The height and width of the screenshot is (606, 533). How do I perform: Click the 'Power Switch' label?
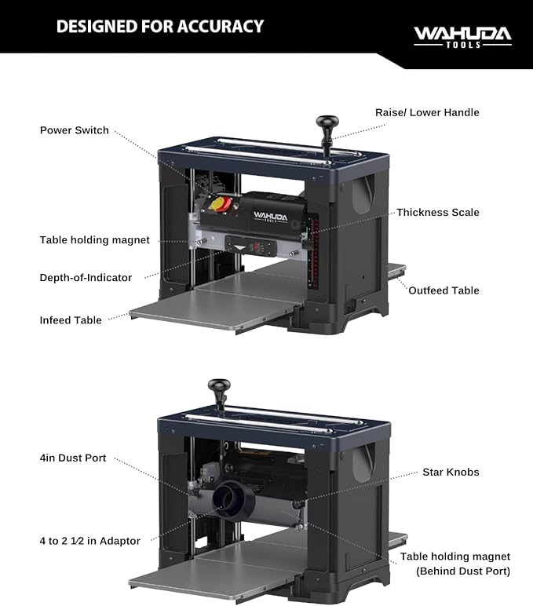tap(75, 130)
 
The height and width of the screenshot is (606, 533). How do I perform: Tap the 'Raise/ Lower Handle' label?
tap(427, 112)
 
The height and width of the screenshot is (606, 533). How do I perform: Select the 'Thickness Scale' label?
tap(438, 212)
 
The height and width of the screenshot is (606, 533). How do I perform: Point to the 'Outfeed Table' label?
tap(444, 290)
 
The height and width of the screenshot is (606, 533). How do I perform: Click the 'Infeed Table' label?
tap(71, 320)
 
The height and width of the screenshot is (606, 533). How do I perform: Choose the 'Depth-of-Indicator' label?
tap(86, 278)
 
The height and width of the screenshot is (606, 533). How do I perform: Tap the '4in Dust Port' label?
tap(73, 458)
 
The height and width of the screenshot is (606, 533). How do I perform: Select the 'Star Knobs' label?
tap(451, 472)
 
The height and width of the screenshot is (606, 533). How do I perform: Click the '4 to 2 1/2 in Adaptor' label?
tap(89, 541)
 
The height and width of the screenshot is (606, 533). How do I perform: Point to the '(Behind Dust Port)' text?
tap(463, 571)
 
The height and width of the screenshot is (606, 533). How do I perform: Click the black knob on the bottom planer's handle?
tap(219, 385)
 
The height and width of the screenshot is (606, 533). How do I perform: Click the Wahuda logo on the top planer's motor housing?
tap(271, 217)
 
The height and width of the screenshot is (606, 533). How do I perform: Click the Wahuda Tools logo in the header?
tap(462, 37)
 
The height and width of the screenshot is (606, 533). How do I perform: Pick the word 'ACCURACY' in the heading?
tap(221, 26)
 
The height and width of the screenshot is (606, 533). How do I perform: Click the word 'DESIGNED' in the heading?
tap(97, 26)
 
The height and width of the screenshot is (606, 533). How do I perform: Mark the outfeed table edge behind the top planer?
tap(396, 271)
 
